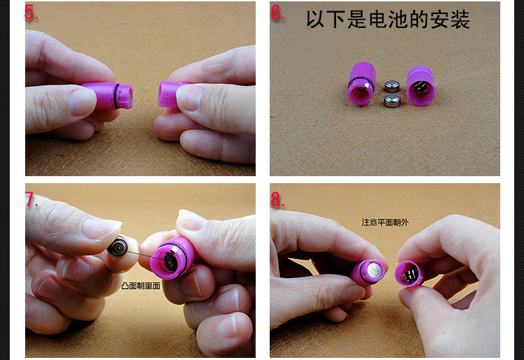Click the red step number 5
pyautogui.click(x=31, y=13)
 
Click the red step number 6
pyautogui.click(x=277, y=13)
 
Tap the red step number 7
pyautogui.click(x=31, y=200)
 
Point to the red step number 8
pyautogui.click(x=277, y=200)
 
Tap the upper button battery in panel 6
pyautogui.click(x=393, y=86)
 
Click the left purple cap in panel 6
pyautogui.click(x=363, y=82)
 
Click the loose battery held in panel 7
pyautogui.click(x=117, y=246)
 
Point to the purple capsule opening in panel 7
pyautogui.click(x=170, y=260)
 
